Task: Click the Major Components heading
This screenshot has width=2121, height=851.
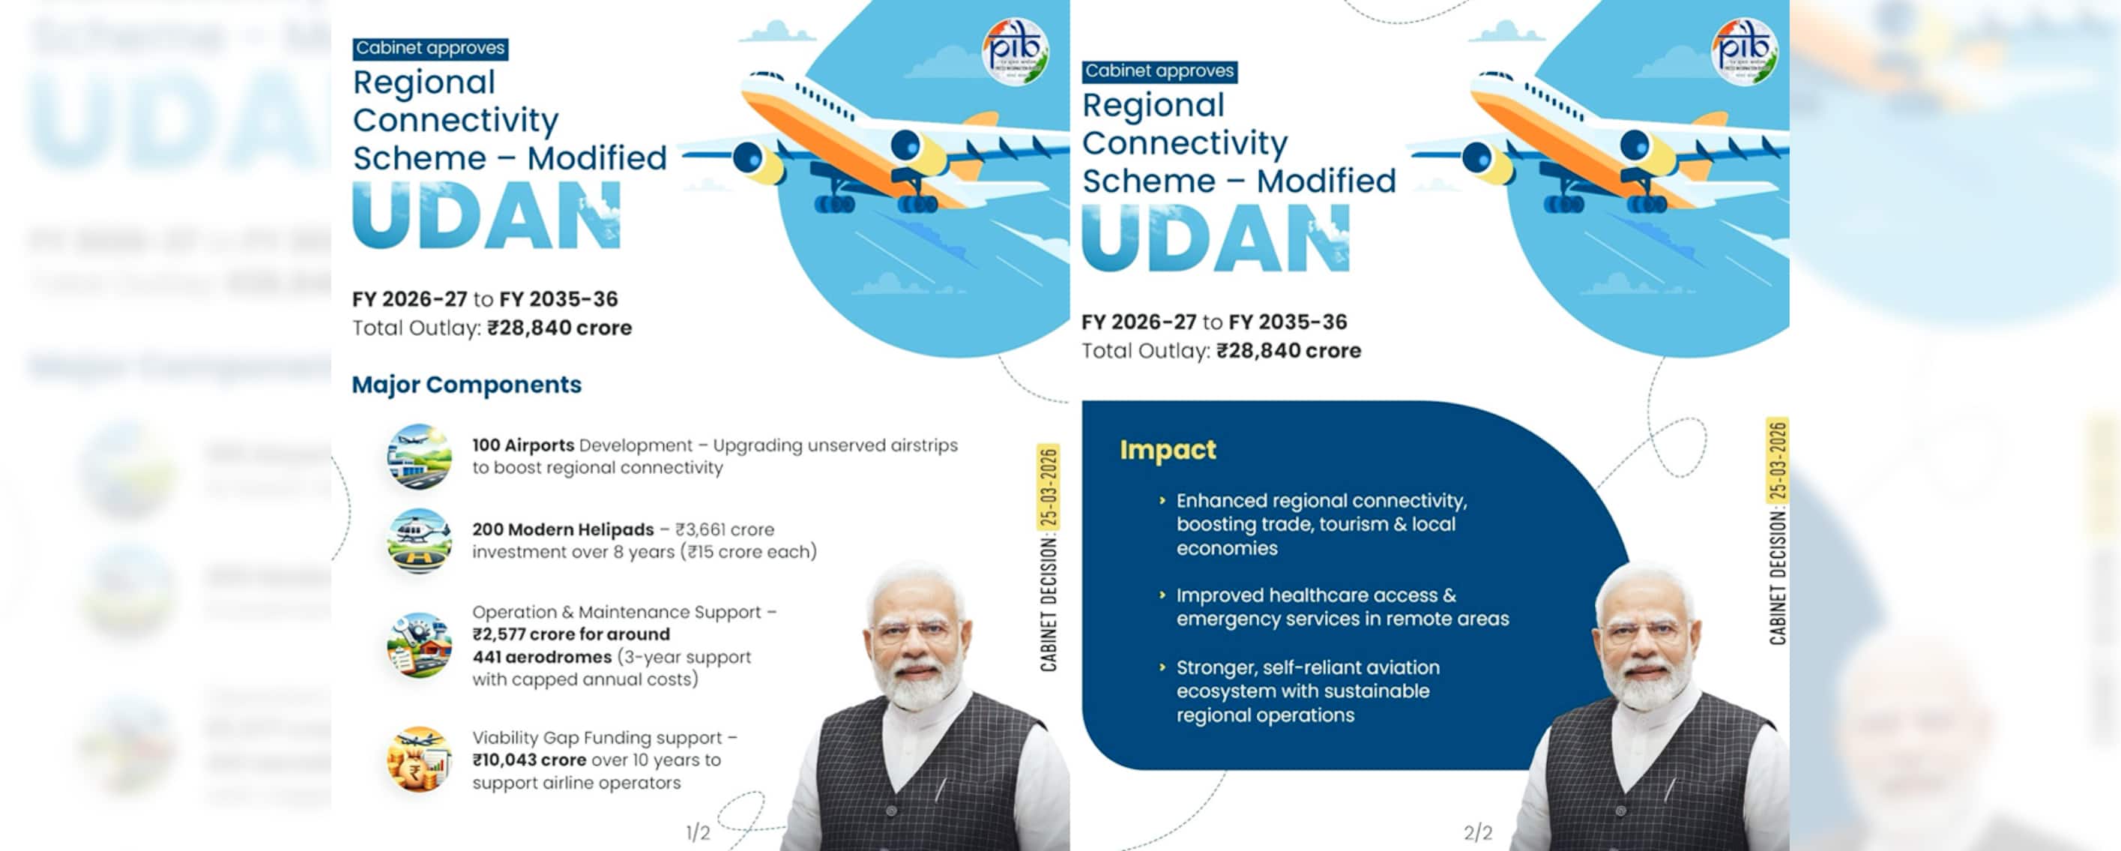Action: (x=466, y=385)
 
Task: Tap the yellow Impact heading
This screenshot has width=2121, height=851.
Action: (x=1167, y=450)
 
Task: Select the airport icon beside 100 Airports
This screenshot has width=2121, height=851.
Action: (x=419, y=457)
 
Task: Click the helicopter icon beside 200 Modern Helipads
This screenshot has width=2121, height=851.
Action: (x=419, y=541)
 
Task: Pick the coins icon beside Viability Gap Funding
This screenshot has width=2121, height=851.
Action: (x=419, y=759)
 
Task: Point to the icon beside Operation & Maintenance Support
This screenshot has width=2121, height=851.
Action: (x=419, y=645)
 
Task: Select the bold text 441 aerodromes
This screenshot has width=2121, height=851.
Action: (x=541, y=658)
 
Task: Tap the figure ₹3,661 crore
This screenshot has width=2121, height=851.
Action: (x=725, y=529)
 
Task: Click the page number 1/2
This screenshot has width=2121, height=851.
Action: (x=698, y=833)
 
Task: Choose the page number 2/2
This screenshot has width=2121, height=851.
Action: (x=1477, y=833)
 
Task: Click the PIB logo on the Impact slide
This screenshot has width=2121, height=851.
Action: (x=1744, y=51)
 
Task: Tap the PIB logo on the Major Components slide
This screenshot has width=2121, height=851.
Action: (x=1016, y=51)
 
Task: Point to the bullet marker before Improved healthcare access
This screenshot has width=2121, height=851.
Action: (x=1162, y=595)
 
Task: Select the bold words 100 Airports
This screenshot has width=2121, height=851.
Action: (x=523, y=445)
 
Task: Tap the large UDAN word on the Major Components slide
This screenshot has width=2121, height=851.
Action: (x=486, y=216)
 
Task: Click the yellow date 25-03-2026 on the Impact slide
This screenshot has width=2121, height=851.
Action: (x=1777, y=460)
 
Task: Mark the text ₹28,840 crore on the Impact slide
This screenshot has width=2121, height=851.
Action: (x=1288, y=351)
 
